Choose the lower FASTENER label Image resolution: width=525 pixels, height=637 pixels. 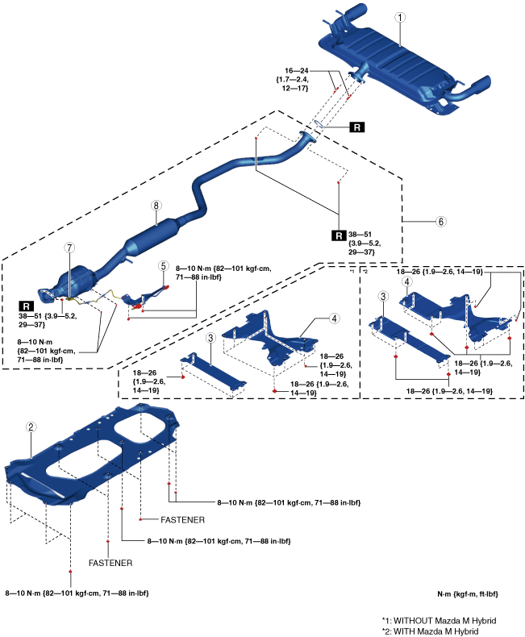click(110, 562)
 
